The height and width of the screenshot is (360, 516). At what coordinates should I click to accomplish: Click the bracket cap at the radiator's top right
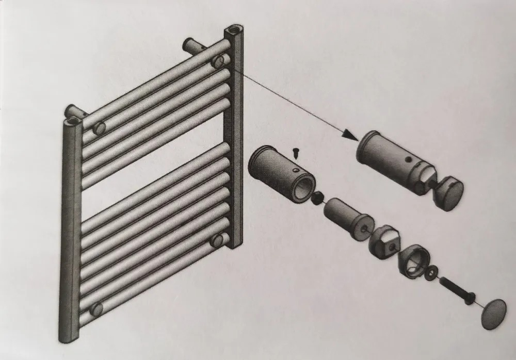coord(219,61)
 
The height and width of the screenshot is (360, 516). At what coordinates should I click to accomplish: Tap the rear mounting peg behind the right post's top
coord(192,46)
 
